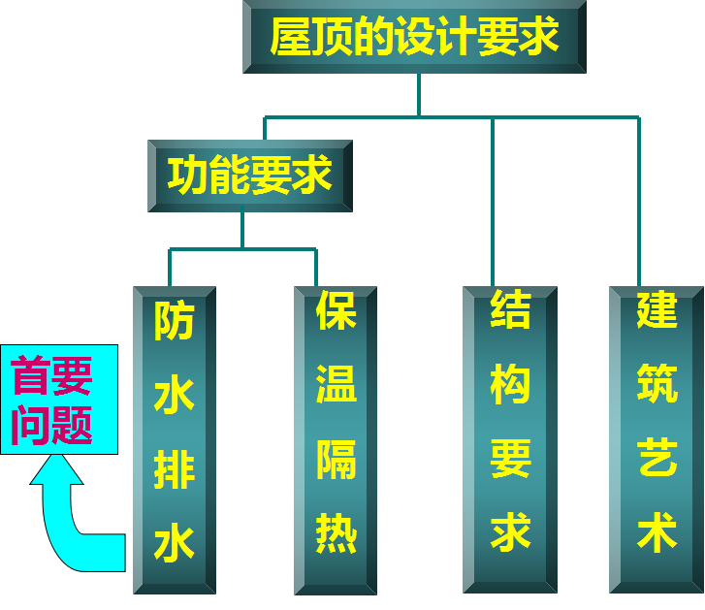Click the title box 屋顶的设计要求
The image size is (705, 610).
(414, 37)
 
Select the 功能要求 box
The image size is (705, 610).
(249, 176)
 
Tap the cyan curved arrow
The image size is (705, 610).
(73, 519)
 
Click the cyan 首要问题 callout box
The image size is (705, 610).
(59, 399)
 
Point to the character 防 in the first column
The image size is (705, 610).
(175, 323)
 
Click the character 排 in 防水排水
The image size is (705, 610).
(175, 470)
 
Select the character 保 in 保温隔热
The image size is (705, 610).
(336, 311)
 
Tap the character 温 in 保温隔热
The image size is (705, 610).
(336, 385)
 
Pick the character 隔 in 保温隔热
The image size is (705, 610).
(336, 460)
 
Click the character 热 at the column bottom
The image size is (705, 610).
(336, 533)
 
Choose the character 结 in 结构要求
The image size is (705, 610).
(510, 311)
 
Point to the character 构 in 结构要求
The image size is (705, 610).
(510, 385)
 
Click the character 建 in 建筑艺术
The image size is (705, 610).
(657, 311)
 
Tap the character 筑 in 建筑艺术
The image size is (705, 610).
(657, 385)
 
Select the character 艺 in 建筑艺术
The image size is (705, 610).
(657, 460)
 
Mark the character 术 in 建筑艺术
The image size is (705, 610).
(657, 533)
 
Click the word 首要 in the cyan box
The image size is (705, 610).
(52, 376)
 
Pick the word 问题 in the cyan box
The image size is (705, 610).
(52, 425)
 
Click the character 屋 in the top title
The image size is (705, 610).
(288, 38)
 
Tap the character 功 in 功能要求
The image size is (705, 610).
(187, 176)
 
